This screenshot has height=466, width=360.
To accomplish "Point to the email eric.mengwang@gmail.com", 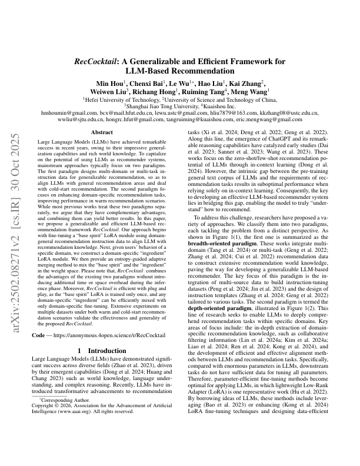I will point(278,118).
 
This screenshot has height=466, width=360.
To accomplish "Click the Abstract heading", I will point(98,133).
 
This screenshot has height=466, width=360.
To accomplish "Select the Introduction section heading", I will point(98,367).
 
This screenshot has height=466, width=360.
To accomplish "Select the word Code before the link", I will point(38,352).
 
